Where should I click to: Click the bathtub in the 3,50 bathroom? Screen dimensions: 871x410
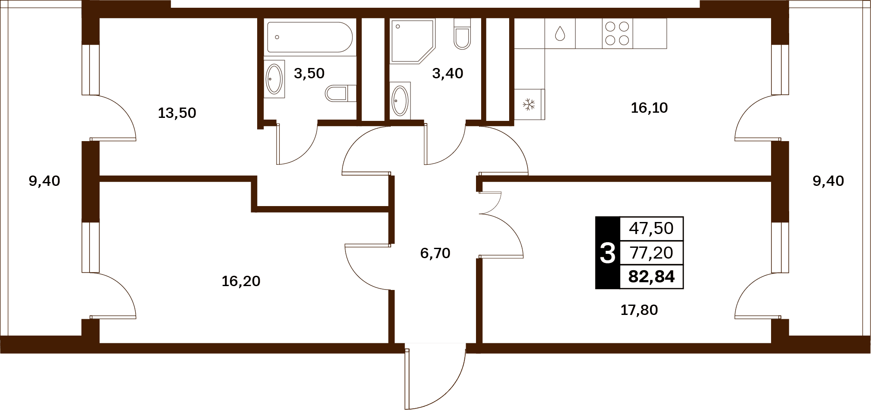click(310, 37)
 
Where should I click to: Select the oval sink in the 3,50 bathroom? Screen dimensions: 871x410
click(274, 79)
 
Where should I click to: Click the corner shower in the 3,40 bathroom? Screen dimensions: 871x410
click(413, 41)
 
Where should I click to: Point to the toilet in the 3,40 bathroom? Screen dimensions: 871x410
click(462, 34)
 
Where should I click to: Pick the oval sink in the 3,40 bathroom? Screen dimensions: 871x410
click(400, 101)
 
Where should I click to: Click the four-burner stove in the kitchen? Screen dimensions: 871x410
click(617, 34)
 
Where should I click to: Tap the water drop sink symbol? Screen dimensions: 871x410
click(560, 34)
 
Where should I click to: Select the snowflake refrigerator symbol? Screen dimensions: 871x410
click(529, 104)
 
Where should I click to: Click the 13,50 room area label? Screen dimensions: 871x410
click(177, 113)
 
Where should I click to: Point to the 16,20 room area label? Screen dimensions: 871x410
click(241, 281)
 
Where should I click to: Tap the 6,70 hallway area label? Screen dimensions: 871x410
click(435, 253)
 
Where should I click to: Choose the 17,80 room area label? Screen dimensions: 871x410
click(639, 310)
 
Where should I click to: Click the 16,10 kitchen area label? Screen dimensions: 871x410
click(649, 108)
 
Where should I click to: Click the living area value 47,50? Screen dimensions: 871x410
click(651, 228)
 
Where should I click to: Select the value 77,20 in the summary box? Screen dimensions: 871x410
click(651, 253)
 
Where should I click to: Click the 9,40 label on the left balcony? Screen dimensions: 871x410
click(44, 181)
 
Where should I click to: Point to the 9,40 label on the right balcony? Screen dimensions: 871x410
click(828, 181)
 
